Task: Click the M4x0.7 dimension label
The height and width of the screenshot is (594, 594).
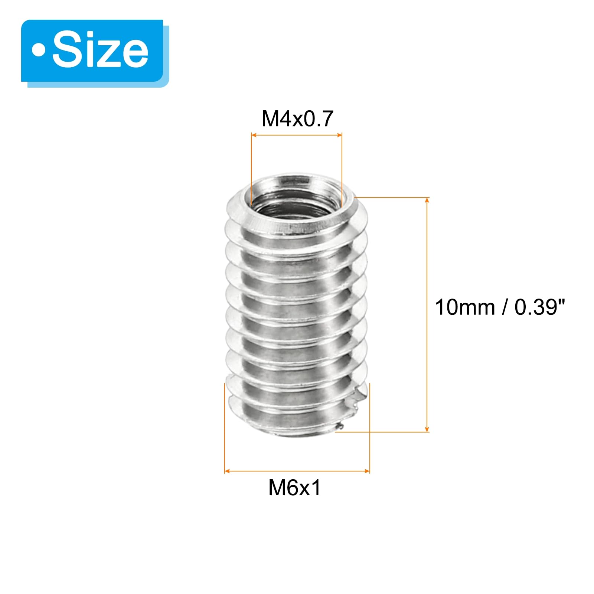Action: pyautogui.click(x=297, y=119)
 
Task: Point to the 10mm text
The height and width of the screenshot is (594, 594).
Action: pyautogui.click(x=465, y=307)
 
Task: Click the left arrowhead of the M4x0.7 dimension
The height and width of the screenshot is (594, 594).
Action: pyautogui.click(x=254, y=135)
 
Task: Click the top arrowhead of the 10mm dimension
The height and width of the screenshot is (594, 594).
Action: pyautogui.click(x=427, y=200)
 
